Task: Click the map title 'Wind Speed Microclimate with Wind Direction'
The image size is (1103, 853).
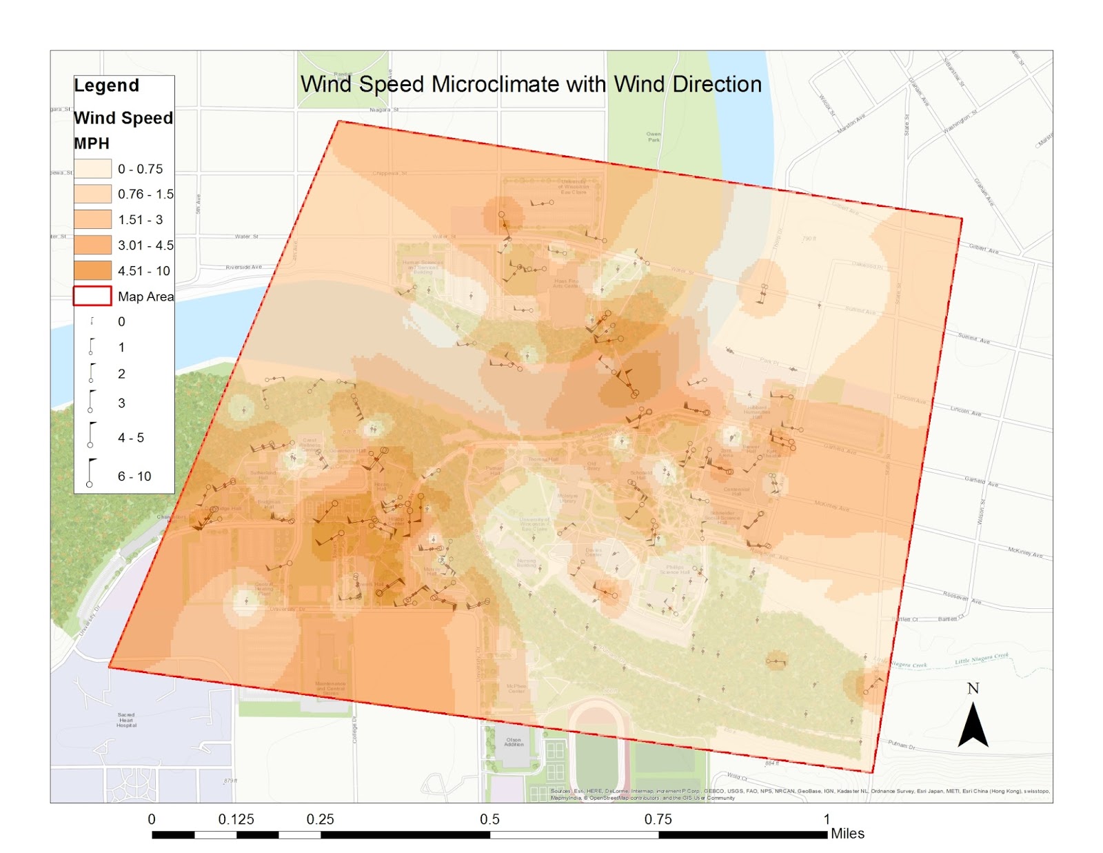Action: tap(531, 84)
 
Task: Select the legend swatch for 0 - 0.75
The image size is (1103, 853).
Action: tap(92, 169)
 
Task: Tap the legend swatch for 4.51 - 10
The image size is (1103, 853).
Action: tap(92, 270)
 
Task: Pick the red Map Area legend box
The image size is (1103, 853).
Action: tap(92, 296)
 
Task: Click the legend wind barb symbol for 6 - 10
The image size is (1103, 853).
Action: tap(91, 474)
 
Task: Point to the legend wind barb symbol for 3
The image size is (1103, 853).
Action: tap(91, 401)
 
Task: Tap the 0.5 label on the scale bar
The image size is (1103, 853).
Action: tap(489, 819)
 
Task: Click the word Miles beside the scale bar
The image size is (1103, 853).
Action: tap(847, 834)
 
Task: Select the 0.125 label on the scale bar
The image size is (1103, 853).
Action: tap(236, 819)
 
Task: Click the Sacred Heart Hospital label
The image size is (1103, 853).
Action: tap(126, 720)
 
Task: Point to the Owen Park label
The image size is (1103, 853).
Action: tap(654, 137)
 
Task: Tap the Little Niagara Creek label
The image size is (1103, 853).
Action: tap(981, 660)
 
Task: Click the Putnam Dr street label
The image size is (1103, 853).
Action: tap(902, 745)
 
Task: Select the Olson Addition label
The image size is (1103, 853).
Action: tap(514, 742)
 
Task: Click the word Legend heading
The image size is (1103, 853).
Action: tap(106, 86)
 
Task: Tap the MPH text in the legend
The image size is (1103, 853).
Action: tap(92, 143)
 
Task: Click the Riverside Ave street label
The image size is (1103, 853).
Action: tap(243, 267)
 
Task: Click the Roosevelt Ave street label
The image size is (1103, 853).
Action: tap(962, 597)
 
